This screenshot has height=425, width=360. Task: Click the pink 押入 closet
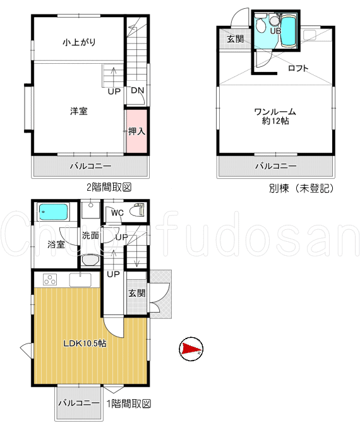click(137, 131)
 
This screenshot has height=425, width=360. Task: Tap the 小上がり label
click(79, 42)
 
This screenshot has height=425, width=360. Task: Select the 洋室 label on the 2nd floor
click(79, 111)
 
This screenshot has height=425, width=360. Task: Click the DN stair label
click(138, 90)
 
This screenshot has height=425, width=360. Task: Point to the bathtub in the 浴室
click(54, 212)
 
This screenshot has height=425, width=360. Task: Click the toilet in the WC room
click(138, 211)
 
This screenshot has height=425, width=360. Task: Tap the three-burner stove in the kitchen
click(50, 280)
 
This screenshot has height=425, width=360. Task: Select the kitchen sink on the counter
click(80, 280)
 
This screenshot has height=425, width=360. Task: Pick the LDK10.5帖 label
click(85, 344)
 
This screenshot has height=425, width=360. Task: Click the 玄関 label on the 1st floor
click(137, 293)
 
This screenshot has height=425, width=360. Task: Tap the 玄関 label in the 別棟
click(236, 39)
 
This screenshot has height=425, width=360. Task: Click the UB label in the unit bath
click(275, 31)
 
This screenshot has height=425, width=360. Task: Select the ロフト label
click(298, 68)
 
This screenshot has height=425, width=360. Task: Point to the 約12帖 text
click(275, 121)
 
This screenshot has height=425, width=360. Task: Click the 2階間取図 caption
click(109, 187)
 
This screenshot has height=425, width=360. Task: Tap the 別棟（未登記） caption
click(301, 188)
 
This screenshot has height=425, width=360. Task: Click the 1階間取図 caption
click(128, 404)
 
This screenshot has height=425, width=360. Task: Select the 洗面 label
click(90, 236)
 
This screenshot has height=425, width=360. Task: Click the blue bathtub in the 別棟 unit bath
click(288, 32)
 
